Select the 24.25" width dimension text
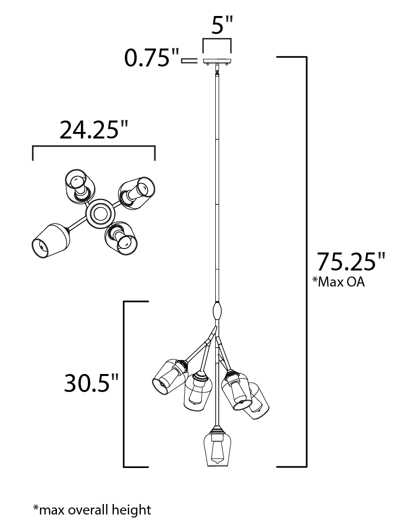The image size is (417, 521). pyautogui.click(x=93, y=129)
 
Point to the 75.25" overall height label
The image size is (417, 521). pyautogui.click(x=351, y=262)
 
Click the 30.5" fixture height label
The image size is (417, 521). pyautogui.click(x=91, y=383)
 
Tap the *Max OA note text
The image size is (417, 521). pyautogui.click(x=339, y=282)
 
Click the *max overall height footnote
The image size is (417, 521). pyautogui.click(x=92, y=509)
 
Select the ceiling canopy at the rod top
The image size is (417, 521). pyautogui.click(x=217, y=61)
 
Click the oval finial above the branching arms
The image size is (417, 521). pyautogui.click(x=217, y=311)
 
